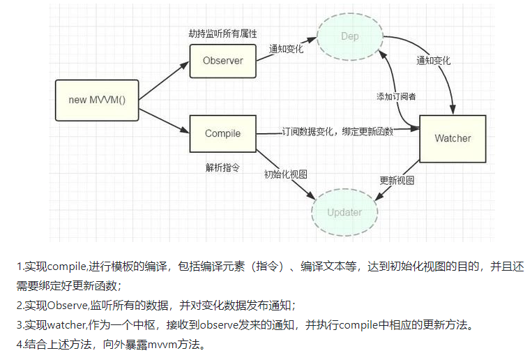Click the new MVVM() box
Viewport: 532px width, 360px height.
(x=97, y=100)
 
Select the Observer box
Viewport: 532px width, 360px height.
(x=222, y=61)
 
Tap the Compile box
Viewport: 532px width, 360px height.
(x=222, y=133)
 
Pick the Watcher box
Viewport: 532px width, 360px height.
(x=453, y=138)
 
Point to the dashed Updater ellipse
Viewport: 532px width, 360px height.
(x=344, y=211)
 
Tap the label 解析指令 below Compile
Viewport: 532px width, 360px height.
(x=222, y=167)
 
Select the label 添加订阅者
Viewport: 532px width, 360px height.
(x=396, y=96)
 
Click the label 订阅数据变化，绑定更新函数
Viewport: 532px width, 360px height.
(x=337, y=131)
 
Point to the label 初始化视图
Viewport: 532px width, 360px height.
(x=285, y=174)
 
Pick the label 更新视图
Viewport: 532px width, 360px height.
(x=397, y=180)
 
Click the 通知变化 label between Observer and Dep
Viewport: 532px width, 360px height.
(x=287, y=50)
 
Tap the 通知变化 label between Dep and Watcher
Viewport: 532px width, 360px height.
(x=433, y=61)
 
